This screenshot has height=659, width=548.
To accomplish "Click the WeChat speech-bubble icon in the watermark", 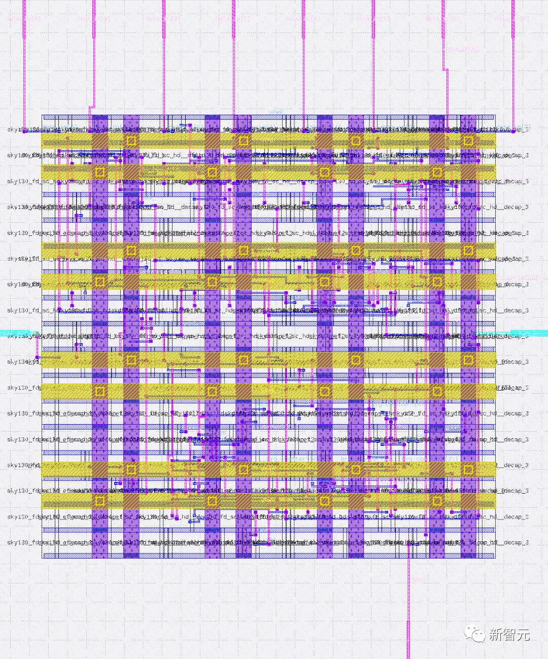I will click(x=475, y=634).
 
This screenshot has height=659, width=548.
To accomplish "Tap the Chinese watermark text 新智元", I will click(x=509, y=634).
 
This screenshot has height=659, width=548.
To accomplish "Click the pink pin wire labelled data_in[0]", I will click(x=24, y=61).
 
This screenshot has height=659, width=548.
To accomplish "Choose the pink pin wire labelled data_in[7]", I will click(x=513, y=61).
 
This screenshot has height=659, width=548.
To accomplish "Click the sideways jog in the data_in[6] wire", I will click(x=445, y=71).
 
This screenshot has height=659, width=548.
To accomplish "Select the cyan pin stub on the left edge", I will click(x=15, y=333).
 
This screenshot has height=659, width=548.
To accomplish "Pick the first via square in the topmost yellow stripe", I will click(x=131, y=141).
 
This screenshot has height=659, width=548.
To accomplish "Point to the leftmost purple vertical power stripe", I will click(x=100, y=335).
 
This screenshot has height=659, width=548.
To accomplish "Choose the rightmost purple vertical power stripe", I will click(x=468, y=335).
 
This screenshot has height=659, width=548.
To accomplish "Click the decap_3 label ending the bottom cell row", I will click(x=516, y=542).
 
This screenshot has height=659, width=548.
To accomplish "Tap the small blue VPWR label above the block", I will click(x=276, y=111).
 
